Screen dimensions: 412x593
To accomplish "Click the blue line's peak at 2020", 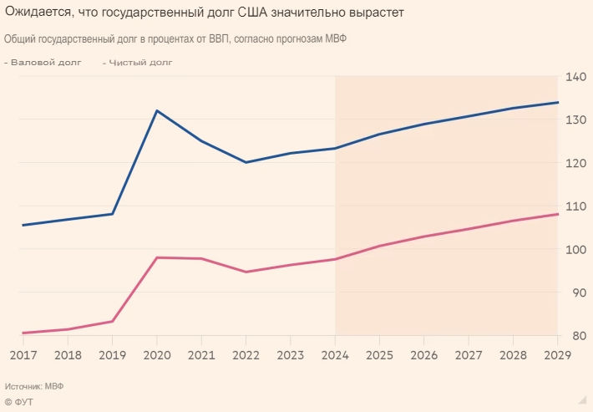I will pos(157,110).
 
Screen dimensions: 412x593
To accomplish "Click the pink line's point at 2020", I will pos(157,257).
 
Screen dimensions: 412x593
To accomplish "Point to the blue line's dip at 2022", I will pos(246,162).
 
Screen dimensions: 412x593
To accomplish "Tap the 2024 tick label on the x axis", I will pos(335,354).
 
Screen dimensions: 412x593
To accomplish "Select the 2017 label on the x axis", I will pos(23,354).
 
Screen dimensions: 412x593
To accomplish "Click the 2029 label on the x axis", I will pos(557,354).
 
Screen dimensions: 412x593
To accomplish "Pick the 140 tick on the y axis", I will pos(576,77).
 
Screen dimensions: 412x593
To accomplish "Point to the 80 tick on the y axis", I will pos(576,335).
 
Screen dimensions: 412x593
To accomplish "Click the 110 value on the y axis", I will pos(576,206).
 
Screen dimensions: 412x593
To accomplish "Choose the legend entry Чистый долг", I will pos(139,63).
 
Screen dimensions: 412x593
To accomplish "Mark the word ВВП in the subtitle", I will pos(220,39).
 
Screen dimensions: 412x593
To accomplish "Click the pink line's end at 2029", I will pos(557,214).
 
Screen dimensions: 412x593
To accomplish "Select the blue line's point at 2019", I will pos(113,214).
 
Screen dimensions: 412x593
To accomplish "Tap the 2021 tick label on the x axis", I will pos(201,354).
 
